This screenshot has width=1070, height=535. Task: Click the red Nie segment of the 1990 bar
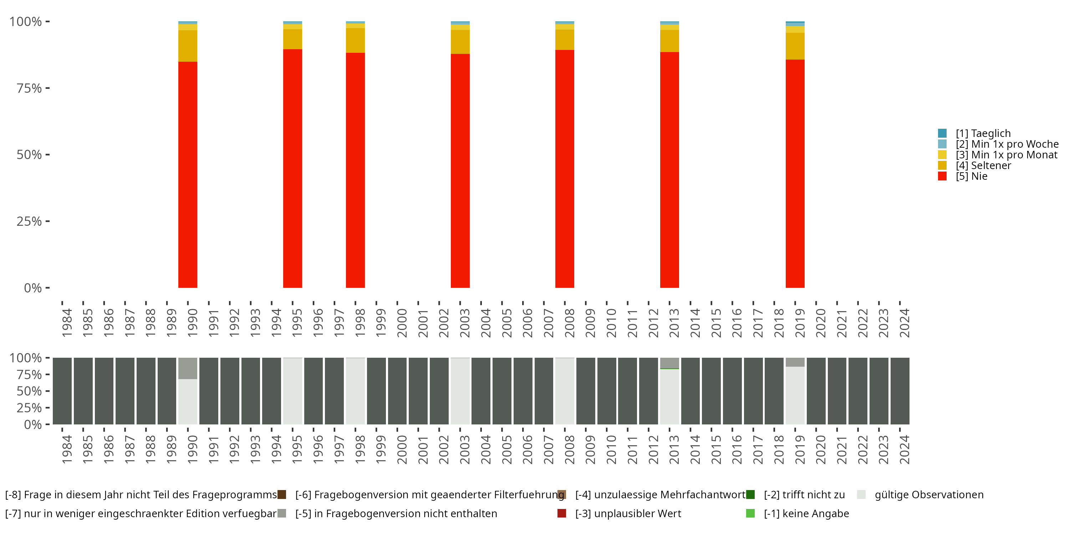[x=188, y=174]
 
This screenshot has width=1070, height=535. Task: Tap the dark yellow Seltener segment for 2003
[x=460, y=41]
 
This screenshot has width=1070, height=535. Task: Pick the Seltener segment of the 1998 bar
[x=356, y=40]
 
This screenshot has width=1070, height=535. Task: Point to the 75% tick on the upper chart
[x=47, y=88]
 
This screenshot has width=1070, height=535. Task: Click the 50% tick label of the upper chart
[x=29, y=155]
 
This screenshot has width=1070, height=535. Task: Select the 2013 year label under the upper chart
[x=674, y=323]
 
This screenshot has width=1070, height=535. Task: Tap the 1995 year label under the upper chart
[x=297, y=323]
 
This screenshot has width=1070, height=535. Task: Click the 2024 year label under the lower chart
[x=904, y=449]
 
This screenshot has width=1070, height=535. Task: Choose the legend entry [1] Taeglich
[x=983, y=133]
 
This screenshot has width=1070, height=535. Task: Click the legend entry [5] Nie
[x=971, y=176]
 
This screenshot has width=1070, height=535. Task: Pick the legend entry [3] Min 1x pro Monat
[x=1006, y=155]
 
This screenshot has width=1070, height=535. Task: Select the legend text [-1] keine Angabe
[x=806, y=513]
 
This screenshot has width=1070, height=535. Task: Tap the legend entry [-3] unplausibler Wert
[x=628, y=513]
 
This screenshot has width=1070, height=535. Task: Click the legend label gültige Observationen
[x=929, y=495]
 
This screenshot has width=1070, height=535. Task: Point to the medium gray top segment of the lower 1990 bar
[x=188, y=368]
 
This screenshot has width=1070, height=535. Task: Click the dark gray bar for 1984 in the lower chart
[x=62, y=391]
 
